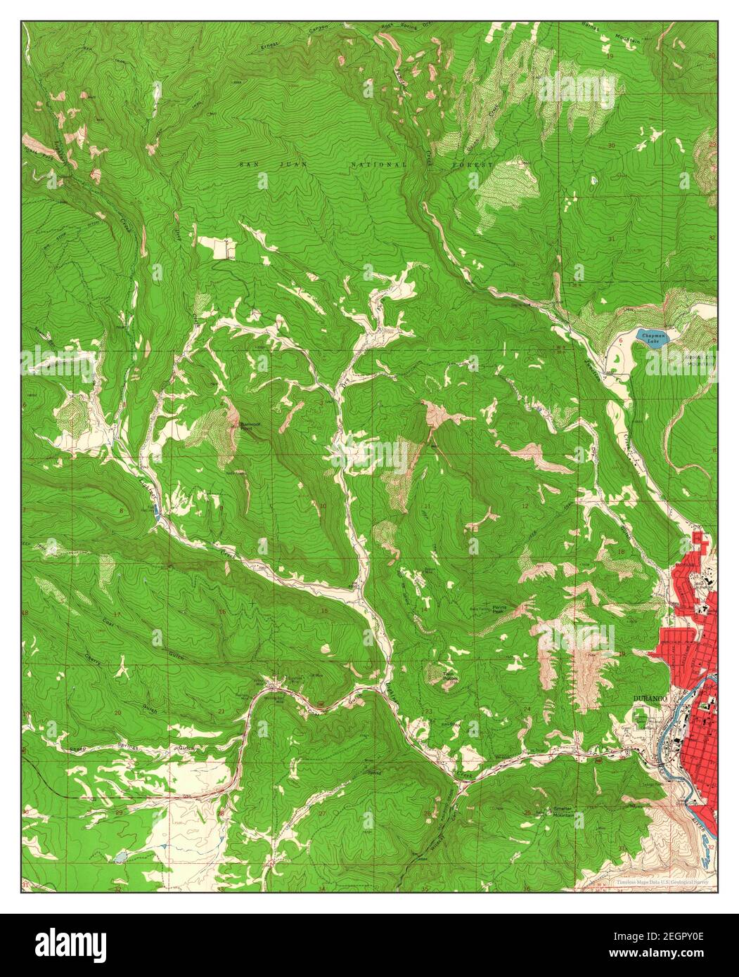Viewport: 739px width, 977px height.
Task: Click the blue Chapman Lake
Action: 651,338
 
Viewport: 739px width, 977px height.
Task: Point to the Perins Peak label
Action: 500,608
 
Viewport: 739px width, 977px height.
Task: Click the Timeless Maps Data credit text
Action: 662,881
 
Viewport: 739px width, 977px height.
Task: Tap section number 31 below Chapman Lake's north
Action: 611,240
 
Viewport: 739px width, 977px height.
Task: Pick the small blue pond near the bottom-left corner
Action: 122,857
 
